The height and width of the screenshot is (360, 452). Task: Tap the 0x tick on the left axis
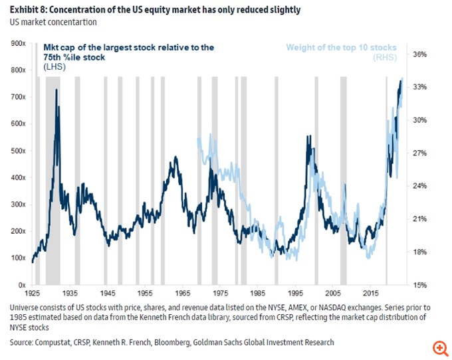pos(21,284)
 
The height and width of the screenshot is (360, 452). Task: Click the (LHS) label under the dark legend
pos(54,67)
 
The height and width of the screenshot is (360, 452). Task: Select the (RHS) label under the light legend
pos(385,58)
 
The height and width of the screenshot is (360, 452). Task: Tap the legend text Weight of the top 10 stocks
pos(341,48)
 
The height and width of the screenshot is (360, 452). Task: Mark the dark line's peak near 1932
pos(56,90)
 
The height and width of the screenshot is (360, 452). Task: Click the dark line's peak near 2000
pos(308,137)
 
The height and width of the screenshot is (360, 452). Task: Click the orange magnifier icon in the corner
pos(439,348)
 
